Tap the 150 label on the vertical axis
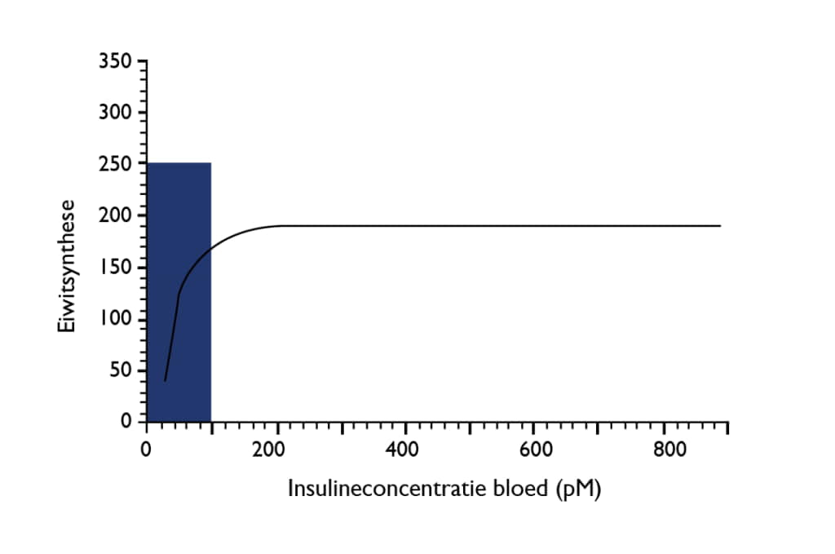tap(117, 268)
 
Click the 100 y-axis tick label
tap(117, 319)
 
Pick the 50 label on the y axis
tap(121, 370)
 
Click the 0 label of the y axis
tap(127, 421)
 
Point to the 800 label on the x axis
tap(665, 450)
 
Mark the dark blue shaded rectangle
tap(179, 291)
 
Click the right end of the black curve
tap(720, 225)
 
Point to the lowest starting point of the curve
tap(166, 380)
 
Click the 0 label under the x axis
tap(146, 450)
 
